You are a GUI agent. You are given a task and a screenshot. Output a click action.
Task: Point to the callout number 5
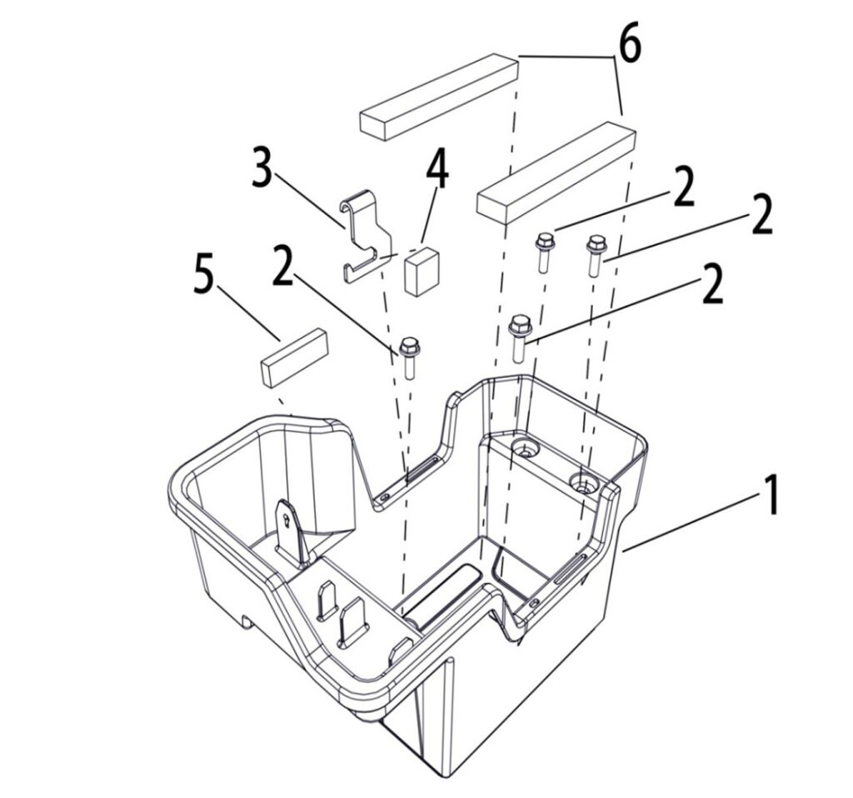tap(204, 277)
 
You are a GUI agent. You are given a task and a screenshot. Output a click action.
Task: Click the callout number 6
tap(630, 43)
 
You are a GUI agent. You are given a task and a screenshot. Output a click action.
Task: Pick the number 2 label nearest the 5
tap(283, 264)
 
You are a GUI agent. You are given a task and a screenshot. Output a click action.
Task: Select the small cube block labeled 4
tap(421, 271)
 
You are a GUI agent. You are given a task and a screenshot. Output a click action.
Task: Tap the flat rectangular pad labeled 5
tap(294, 358)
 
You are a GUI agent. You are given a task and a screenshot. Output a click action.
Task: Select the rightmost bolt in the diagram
tap(596, 255)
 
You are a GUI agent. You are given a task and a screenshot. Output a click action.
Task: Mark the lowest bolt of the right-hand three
tap(519, 339)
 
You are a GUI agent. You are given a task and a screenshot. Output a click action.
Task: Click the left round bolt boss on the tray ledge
tap(525, 449)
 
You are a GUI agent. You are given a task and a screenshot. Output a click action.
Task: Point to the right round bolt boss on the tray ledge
tap(583, 481)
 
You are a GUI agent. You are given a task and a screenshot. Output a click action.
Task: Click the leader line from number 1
tap(691, 522)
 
